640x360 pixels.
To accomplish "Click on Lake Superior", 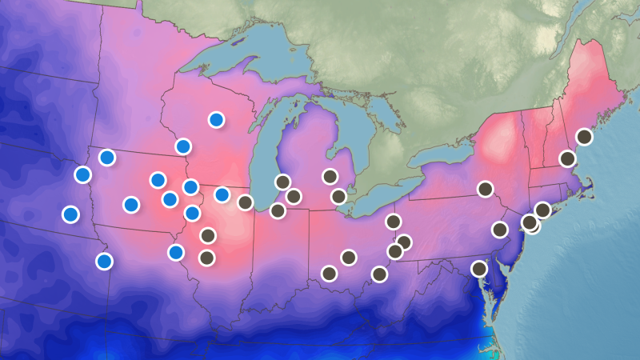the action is coord(240,60).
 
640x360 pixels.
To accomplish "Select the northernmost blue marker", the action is coord(216,120).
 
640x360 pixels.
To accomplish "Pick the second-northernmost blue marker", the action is coord(183,146).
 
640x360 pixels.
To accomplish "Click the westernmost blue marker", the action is coord(70,214).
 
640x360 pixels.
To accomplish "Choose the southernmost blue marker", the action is coord(104,261).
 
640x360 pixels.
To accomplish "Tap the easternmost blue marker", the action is coord(222,194).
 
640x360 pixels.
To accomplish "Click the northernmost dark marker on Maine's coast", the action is coord(584,137).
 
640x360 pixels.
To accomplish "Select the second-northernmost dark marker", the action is coord(567,158).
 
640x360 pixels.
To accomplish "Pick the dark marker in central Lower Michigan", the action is coord(330,176).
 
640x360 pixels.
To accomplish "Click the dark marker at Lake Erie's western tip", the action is coord(338,196).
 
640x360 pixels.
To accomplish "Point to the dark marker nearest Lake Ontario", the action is coord(486,189).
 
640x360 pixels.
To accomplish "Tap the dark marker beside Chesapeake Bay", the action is coord(479,269).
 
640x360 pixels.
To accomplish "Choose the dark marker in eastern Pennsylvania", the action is coord(500,230).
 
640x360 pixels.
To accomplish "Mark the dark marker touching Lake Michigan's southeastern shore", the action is coord(282,182).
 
